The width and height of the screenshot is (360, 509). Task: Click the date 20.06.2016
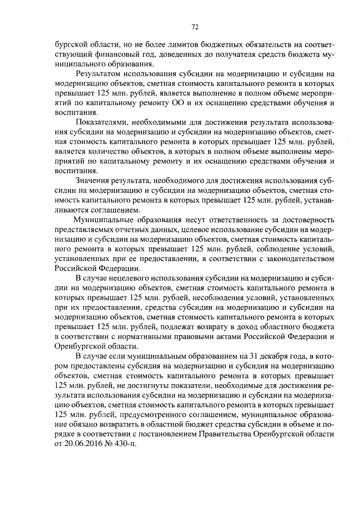pyautogui.click(x=78, y=443)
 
